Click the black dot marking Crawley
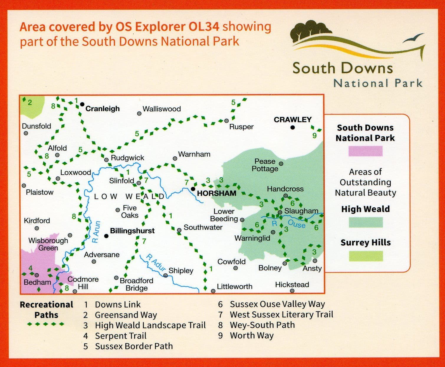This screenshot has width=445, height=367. [293, 127]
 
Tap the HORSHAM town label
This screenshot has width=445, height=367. [216, 193]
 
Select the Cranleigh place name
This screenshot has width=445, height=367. [103, 109]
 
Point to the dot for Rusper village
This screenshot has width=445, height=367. [226, 121]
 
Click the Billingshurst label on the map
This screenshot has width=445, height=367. [132, 231]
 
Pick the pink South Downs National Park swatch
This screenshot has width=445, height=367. [365, 151]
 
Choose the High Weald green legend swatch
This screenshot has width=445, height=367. [366, 222]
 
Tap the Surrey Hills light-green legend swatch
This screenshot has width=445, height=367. [366, 256]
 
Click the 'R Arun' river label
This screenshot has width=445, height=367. [96, 232]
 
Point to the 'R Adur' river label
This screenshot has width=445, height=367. [156, 263]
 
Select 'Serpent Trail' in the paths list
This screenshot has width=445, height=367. [121, 336]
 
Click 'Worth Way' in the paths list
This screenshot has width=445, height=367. [252, 335]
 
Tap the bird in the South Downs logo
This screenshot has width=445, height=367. [413, 39]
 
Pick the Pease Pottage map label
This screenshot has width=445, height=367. [265, 165]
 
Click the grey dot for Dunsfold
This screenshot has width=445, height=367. [26, 133]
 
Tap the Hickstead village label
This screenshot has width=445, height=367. [292, 285]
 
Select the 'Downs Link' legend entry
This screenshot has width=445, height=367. [118, 305]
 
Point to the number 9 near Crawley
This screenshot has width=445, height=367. [315, 135]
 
